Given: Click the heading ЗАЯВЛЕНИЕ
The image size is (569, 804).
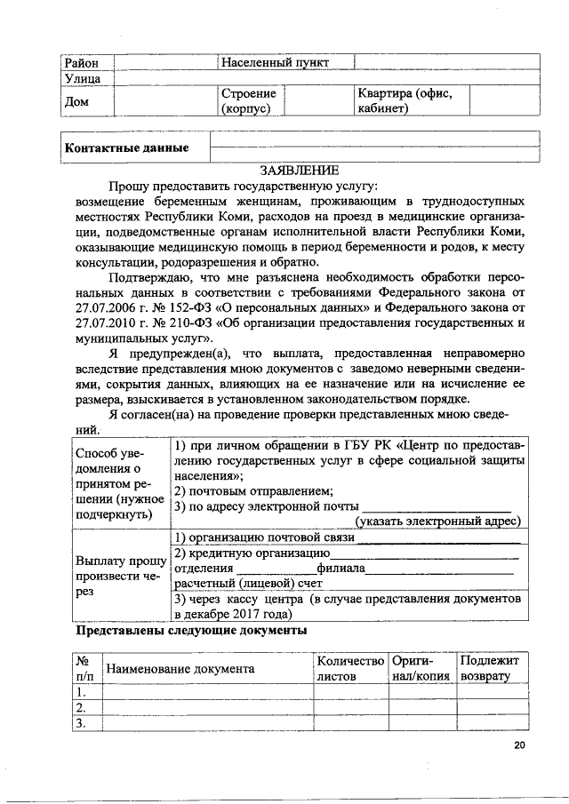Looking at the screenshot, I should [299, 169].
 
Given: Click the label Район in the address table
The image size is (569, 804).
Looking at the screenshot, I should [80, 62].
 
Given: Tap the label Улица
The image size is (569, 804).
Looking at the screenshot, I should [82, 78].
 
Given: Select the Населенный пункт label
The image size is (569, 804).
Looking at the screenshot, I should [275, 62].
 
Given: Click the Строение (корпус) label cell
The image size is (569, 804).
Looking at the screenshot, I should [248, 100].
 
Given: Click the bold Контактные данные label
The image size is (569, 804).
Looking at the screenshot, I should [126, 147].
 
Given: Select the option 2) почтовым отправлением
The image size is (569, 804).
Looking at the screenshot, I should [253, 491].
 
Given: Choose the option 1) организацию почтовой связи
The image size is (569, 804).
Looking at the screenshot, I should [264, 537].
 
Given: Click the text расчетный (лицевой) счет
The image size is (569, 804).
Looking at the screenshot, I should [236, 584].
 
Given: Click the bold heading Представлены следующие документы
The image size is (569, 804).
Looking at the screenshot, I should [191, 631].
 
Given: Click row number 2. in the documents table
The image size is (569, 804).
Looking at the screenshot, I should [82, 707].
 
